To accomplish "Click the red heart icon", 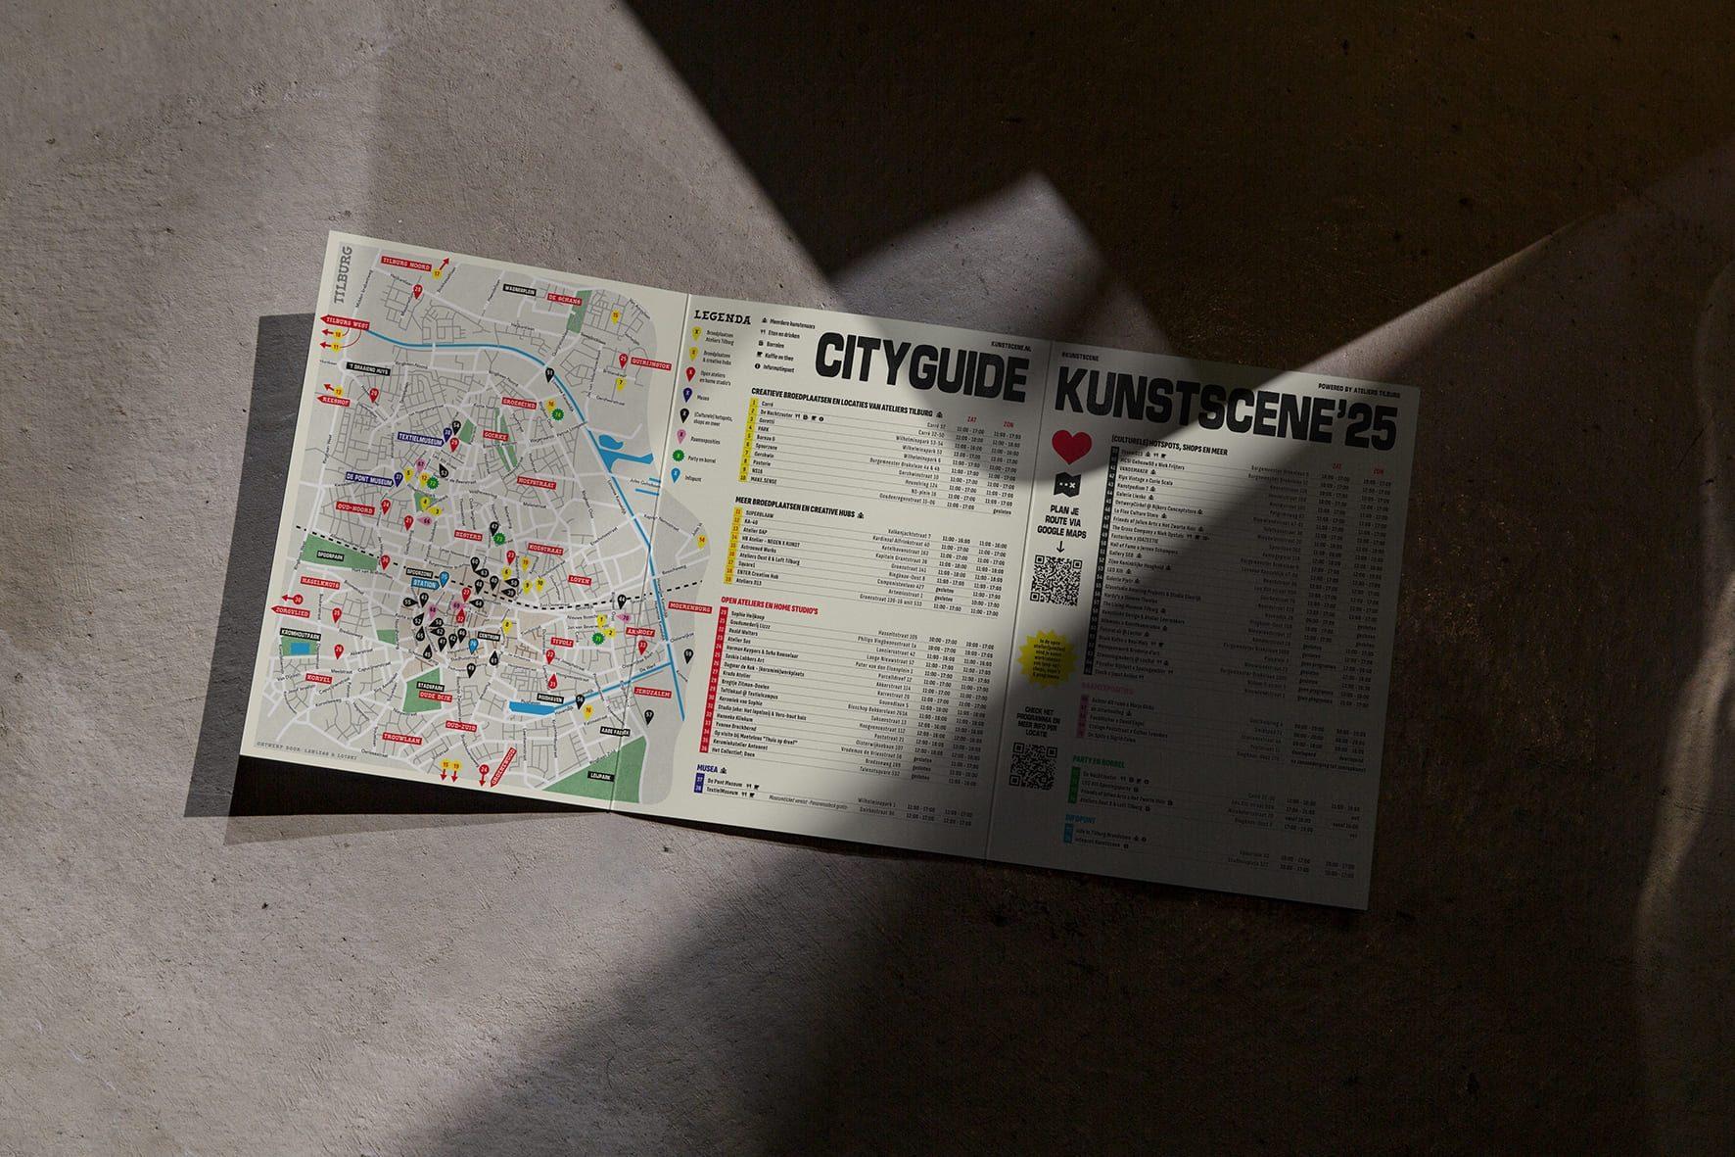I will pyautogui.click(x=1072, y=446).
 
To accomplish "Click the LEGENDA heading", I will pyautogui.click(x=723, y=317).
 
